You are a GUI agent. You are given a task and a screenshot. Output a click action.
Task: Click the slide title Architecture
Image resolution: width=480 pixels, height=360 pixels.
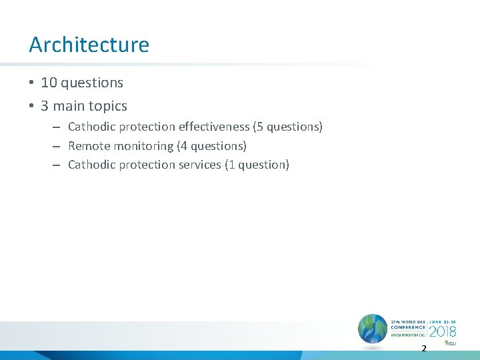pyautogui.click(x=89, y=45)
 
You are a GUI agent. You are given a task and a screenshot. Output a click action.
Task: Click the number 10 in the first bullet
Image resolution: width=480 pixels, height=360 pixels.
pyautogui.click(x=49, y=83)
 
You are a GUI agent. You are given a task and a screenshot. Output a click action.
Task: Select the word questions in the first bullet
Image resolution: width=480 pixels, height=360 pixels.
pyautogui.click(x=92, y=83)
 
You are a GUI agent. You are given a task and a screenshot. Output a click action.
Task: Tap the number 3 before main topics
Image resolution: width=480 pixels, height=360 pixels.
pyautogui.click(x=45, y=106)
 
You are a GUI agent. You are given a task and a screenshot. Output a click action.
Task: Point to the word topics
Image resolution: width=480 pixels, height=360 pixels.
pyautogui.click(x=107, y=106)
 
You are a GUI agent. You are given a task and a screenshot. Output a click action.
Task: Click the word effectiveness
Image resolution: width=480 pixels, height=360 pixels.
pyautogui.click(x=214, y=126)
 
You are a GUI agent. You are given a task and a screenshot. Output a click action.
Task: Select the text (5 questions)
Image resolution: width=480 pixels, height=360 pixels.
pyautogui.click(x=287, y=126)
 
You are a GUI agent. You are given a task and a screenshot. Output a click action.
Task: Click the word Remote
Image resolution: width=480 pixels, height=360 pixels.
pyautogui.click(x=89, y=145)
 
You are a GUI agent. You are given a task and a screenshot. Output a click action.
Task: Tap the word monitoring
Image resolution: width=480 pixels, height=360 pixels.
pyautogui.click(x=143, y=145)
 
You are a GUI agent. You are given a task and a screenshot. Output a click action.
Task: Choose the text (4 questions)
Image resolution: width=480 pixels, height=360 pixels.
pyautogui.click(x=211, y=145)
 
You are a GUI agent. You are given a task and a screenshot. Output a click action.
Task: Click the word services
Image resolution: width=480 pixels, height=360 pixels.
pyautogui.click(x=199, y=165)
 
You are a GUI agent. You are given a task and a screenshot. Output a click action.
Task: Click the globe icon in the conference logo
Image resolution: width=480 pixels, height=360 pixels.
pyautogui.click(x=373, y=329)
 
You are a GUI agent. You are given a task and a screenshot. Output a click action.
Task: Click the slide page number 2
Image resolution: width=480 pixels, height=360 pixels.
pyautogui.click(x=423, y=349)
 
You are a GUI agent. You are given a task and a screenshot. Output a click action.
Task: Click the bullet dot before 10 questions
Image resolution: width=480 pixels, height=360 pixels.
pyautogui.click(x=31, y=83)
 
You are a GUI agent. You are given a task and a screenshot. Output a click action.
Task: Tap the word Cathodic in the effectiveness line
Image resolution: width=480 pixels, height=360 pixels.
pyautogui.click(x=92, y=126)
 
